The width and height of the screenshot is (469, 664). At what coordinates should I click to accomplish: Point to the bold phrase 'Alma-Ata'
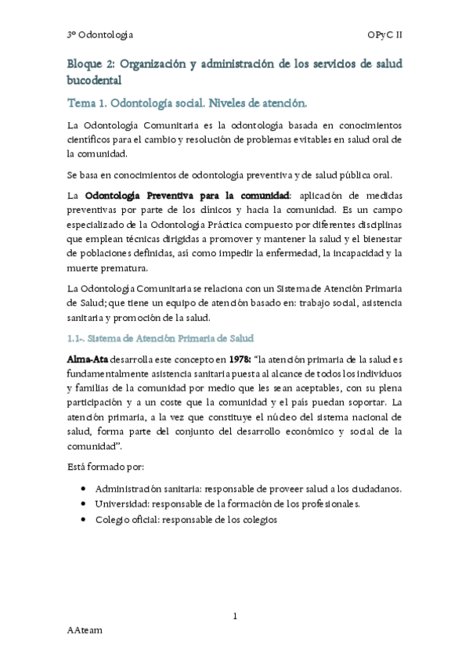[x=87, y=359]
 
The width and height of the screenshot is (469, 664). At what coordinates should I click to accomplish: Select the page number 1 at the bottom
[x=235, y=617]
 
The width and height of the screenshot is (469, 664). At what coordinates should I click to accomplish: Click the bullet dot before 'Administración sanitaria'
[x=84, y=488]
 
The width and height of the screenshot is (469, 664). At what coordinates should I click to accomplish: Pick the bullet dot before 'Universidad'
[x=84, y=503]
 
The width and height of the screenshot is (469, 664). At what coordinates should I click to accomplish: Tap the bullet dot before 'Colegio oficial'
[x=84, y=519]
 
